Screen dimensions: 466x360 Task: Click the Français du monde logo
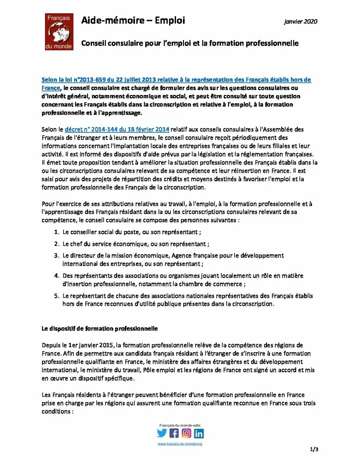[59, 32]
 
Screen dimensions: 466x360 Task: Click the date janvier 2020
[301, 22]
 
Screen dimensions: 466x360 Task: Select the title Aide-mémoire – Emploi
[133, 20]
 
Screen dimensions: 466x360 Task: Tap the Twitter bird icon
[162, 433]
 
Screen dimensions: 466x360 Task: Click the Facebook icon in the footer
[174, 433]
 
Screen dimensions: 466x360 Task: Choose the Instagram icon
[187, 433]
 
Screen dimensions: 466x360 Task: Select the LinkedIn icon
[199, 433]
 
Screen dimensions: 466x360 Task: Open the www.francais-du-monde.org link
[180, 444]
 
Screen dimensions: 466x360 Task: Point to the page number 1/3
[314, 449]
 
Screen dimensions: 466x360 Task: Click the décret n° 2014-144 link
[117, 129]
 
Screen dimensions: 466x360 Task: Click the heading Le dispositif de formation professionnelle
[100, 329]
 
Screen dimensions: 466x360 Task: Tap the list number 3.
[57, 256]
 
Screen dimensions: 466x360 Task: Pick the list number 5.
[57, 296]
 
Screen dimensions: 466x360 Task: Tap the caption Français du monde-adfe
[180, 425]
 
